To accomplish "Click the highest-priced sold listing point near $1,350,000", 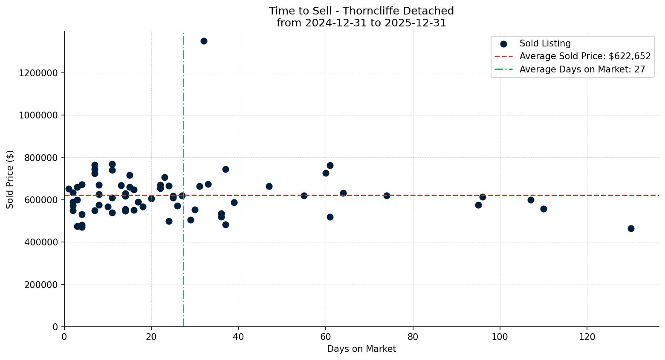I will tap(204, 41).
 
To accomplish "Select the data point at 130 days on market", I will tap(631, 228).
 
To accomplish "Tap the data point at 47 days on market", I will tap(269, 186).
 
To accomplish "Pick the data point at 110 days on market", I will tap(544, 209).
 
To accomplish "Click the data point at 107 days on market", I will tap(531, 200).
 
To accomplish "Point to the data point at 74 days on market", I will tap(387, 196).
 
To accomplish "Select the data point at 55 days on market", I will tap(304, 196).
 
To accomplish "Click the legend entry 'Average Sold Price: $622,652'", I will tap(584, 56).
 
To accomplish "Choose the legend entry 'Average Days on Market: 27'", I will tap(582, 69).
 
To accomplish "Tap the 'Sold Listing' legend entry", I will tap(544, 43).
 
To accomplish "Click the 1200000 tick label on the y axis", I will tap(38, 73).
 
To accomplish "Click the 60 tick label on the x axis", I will tap(326, 337).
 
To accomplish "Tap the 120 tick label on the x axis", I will tap(587, 337).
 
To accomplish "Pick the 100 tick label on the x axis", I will tap(500, 337).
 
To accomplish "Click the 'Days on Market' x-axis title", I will tap(361, 349).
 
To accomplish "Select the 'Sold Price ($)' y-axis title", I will tap(10, 179).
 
